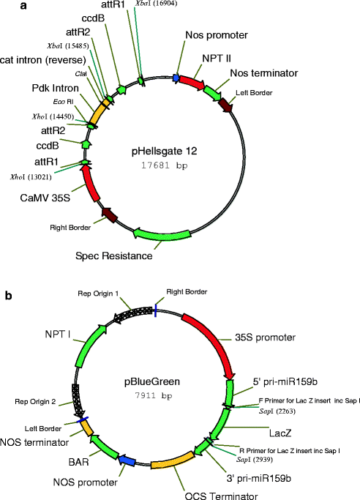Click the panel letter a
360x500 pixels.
click(7, 7)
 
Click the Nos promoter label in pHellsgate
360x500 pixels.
click(217, 34)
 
